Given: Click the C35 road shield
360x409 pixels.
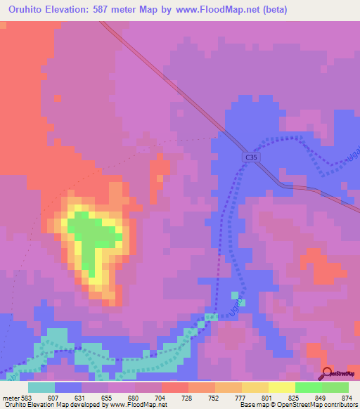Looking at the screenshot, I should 252,160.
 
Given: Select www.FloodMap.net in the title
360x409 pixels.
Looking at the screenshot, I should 219,10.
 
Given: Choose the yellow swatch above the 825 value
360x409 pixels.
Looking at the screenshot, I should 281,387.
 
